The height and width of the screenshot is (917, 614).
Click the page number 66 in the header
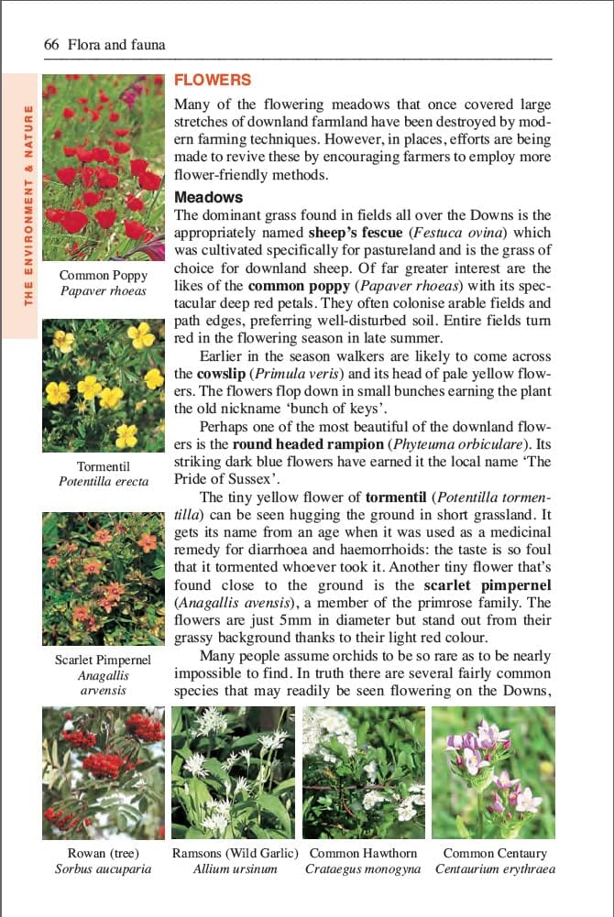[x=51, y=44]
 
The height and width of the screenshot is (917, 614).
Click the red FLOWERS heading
[x=213, y=81]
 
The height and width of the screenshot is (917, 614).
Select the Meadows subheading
[x=208, y=197]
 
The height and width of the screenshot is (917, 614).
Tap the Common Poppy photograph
[x=104, y=168]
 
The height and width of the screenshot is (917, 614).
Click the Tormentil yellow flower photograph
[x=104, y=386]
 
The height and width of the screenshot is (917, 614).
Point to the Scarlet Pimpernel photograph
[x=104, y=579]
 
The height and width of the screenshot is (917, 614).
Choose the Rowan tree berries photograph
[x=104, y=772]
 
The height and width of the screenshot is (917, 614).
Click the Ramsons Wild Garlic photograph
[x=234, y=772]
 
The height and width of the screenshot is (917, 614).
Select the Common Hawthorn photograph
[x=364, y=772]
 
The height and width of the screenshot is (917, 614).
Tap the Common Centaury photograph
[x=494, y=772]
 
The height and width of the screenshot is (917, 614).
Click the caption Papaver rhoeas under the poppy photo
[x=104, y=291]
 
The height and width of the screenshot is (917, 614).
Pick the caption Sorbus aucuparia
[x=104, y=869]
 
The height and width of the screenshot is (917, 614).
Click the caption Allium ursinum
[x=235, y=869]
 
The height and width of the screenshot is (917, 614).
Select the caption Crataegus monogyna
[x=363, y=869]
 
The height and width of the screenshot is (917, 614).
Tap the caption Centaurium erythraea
[x=495, y=869]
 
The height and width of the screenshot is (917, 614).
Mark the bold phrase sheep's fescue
[x=356, y=234]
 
